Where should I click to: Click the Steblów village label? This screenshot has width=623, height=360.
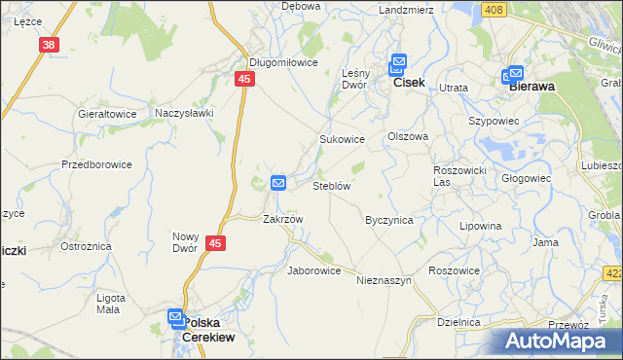[x=331, y=185]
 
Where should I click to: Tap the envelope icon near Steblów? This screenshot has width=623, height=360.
[x=277, y=182]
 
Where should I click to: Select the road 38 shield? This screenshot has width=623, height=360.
[x=50, y=45]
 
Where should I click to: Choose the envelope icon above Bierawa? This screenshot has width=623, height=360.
[x=515, y=72]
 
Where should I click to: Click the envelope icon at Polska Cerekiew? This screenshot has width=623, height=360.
[x=175, y=316]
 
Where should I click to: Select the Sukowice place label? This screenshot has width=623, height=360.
[x=343, y=139]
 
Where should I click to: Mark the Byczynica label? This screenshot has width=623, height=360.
[x=389, y=220]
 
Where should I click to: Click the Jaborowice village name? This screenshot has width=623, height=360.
[x=313, y=270]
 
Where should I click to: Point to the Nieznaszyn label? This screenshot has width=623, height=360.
[x=385, y=280]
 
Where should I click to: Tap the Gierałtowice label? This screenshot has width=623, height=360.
[x=107, y=114]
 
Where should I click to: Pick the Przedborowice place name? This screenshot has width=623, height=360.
[x=96, y=164]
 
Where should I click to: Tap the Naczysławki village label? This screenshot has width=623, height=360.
[x=184, y=113]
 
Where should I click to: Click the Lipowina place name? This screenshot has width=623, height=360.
[x=481, y=226]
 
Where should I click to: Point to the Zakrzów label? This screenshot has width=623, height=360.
[x=283, y=219]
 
